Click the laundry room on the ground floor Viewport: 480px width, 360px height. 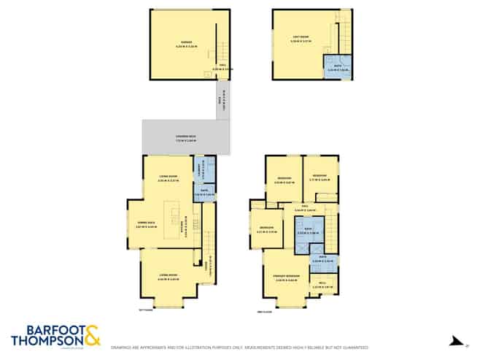[208, 170]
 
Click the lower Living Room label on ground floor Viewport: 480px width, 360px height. [169, 277]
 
